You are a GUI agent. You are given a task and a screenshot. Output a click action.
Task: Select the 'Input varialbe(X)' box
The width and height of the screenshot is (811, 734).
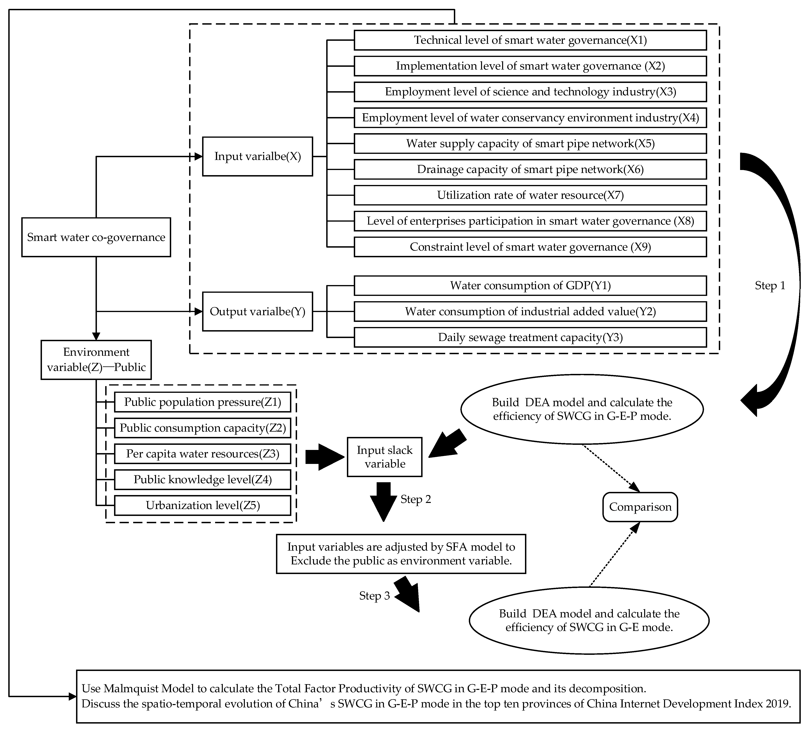point(257,156)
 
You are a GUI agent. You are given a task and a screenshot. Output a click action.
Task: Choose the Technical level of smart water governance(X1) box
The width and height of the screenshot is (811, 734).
point(530,40)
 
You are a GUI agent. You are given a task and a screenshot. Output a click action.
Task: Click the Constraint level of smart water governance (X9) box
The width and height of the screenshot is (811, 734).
point(530,247)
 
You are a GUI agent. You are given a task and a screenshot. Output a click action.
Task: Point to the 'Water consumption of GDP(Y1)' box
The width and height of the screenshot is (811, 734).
point(530,286)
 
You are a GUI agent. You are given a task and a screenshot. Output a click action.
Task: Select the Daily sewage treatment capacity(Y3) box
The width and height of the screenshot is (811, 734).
point(530,337)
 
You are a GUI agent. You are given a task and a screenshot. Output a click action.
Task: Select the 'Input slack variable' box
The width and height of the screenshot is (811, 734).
point(385,457)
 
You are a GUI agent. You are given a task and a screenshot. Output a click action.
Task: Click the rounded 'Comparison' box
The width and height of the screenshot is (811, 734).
point(640,507)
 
